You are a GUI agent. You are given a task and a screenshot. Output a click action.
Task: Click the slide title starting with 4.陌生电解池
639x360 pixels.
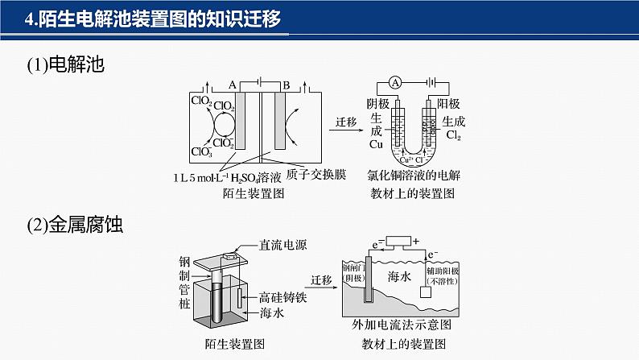pos(153,19)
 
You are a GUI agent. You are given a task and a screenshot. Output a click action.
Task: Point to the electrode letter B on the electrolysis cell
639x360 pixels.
pos(286,84)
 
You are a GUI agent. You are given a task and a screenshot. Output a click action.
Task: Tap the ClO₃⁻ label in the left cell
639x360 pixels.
pos(201,151)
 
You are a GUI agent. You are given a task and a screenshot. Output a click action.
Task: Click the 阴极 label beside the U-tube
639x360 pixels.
pos(377,104)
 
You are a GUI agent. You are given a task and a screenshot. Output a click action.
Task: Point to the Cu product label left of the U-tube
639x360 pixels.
pos(376,145)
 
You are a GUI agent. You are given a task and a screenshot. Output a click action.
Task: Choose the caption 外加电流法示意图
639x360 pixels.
pos(401,326)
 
